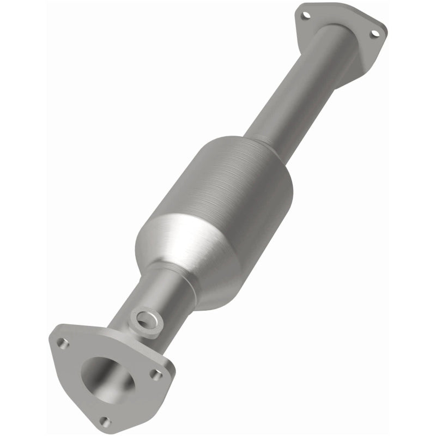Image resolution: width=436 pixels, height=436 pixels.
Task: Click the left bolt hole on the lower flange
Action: tap(63, 343)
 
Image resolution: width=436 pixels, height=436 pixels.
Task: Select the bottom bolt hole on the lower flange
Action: tap(106, 421)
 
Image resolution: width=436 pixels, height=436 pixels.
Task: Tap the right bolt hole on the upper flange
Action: tap(375, 34)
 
